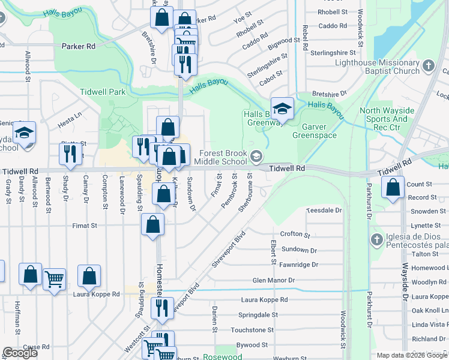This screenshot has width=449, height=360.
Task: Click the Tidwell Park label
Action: [x=103, y=92]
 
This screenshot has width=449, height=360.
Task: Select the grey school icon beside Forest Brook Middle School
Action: [x=256, y=157]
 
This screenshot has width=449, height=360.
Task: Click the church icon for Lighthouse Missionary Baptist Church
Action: [x=428, y=65]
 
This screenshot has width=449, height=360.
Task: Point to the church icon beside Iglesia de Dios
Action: [x=376, y=241]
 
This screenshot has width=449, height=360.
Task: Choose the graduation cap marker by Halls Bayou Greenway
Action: [x=282, y=109]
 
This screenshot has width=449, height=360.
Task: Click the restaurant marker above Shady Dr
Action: [x=70, y=154]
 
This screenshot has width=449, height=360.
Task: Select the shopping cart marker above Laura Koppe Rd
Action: [x=54, y=278]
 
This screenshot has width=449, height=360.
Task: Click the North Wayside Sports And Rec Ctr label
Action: [x=387, y=115]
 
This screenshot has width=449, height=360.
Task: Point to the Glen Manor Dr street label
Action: [x=274, y=280]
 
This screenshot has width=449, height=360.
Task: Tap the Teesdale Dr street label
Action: [x=324, y=211]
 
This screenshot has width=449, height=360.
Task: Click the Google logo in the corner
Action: [x=20, y=353]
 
